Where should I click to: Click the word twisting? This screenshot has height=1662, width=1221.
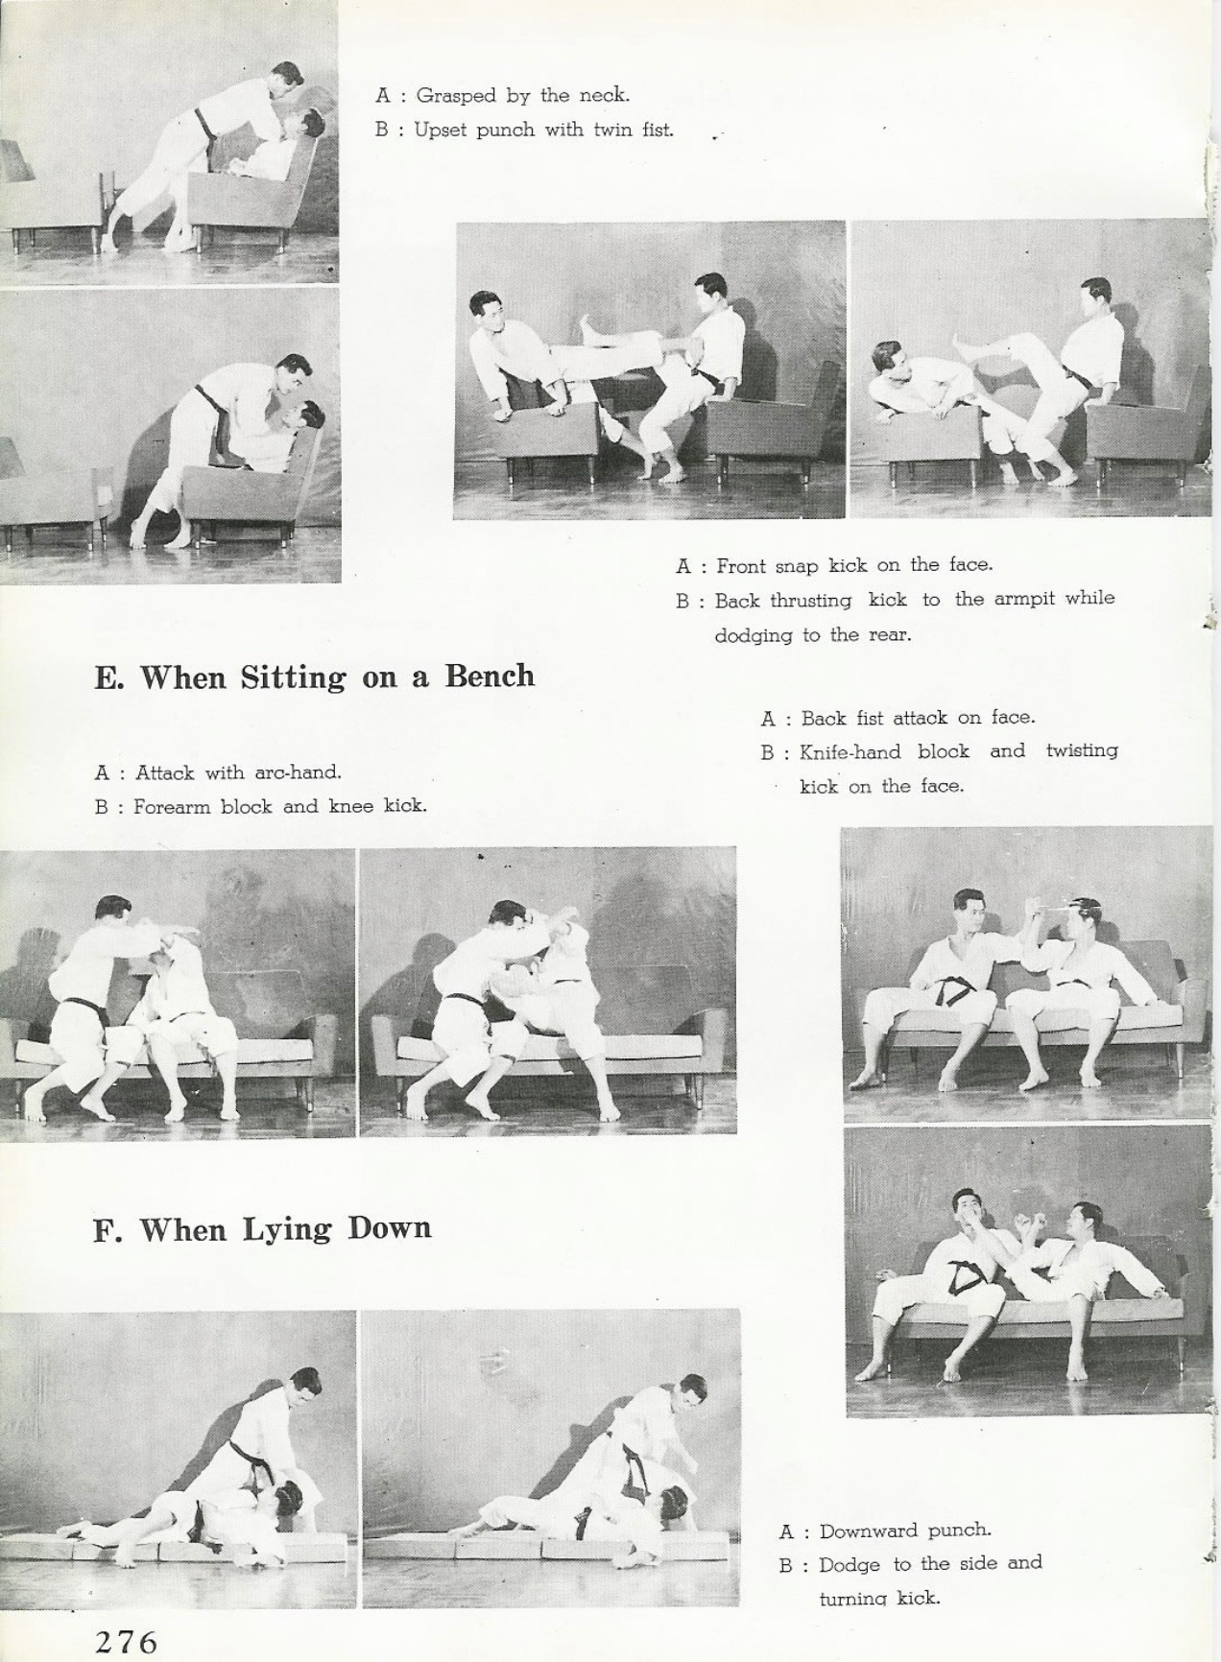[x=1082, y=750]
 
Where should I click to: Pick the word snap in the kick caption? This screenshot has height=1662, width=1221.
[x=796, y=567]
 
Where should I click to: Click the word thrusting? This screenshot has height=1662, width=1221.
[x=811, y=602]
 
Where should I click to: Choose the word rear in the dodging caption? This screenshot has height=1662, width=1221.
[x=889, y=635]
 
